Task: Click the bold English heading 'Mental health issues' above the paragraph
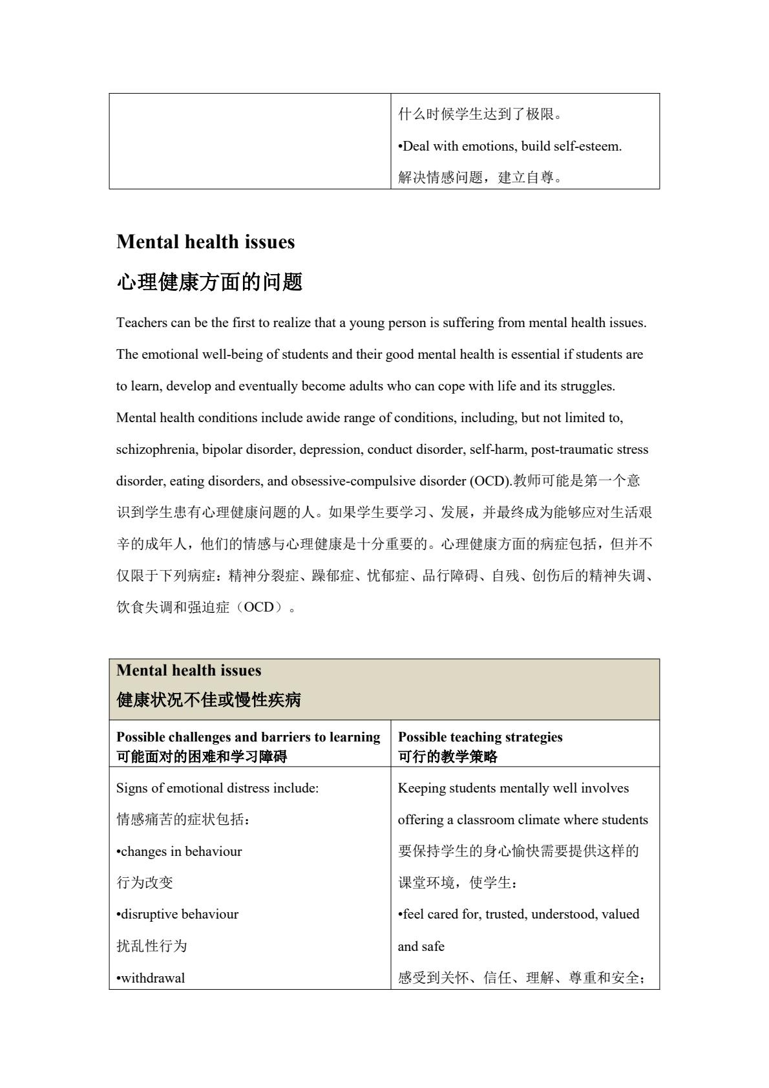pyautogui.click(x=205, y=242)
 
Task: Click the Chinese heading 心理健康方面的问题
pyautogui.click(x=209, y=282)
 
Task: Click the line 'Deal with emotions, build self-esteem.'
pyautogui.click(x=511, y=146)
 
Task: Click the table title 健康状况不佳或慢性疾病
pyautogui.click(x=209, y=700)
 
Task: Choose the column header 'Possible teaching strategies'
pyautogui.click(x=480, y=737)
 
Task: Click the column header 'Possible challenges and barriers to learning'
pyautogui.click(x=248, y=737)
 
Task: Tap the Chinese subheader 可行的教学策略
pyautogui.click(x=448, y=756)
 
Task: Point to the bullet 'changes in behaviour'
pyautogui.click(x=180, y=851)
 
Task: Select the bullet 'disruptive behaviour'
pyautogui.click(x=178, y=914)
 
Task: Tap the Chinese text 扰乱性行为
pyautogui.click(x=152, y=946)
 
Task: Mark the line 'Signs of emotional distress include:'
pyautogui.click(x=217, y=788)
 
